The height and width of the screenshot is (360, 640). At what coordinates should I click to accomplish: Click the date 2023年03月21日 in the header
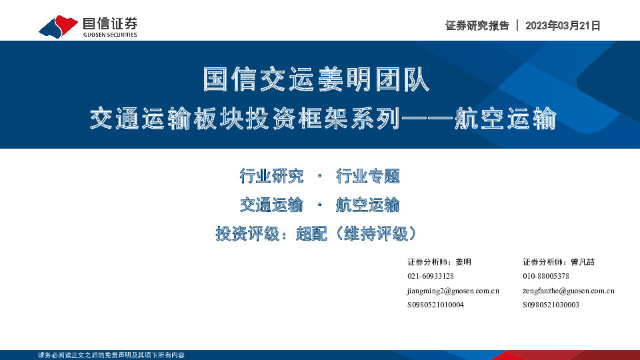pyautogui.click(x=563, y=26)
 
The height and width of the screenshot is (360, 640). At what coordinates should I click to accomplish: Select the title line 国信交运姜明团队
pyautogui.click(x=317, y=79)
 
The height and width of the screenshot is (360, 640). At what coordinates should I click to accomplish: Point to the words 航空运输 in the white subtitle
pyautogui.click(x=510, y=120)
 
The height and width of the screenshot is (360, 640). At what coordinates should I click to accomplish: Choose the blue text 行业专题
pyautogui.click(x=368, y=176)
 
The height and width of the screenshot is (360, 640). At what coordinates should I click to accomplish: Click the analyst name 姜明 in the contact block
pyautogui.click(x=463, y=261)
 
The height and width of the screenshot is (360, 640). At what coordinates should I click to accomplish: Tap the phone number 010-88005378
pyautogui.click(x=546, y=276)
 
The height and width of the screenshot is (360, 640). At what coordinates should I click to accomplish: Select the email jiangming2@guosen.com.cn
pyautogui.click(x=453, y=291)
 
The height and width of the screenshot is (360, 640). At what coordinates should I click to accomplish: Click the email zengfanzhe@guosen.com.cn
pyautogui.click(x=569, y=291)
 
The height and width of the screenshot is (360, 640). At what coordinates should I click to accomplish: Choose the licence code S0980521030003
pyautogui.click(x=551, y=305)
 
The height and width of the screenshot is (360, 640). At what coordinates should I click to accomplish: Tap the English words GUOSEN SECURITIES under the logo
pyautogui.click(x=110, y=35)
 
